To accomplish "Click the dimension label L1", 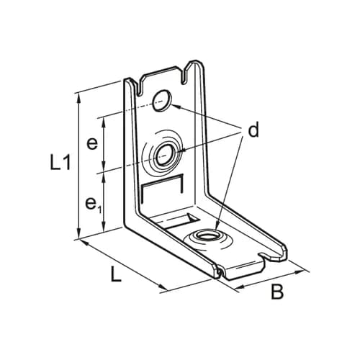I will [61, 163].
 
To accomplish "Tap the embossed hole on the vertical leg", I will [165, 153].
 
